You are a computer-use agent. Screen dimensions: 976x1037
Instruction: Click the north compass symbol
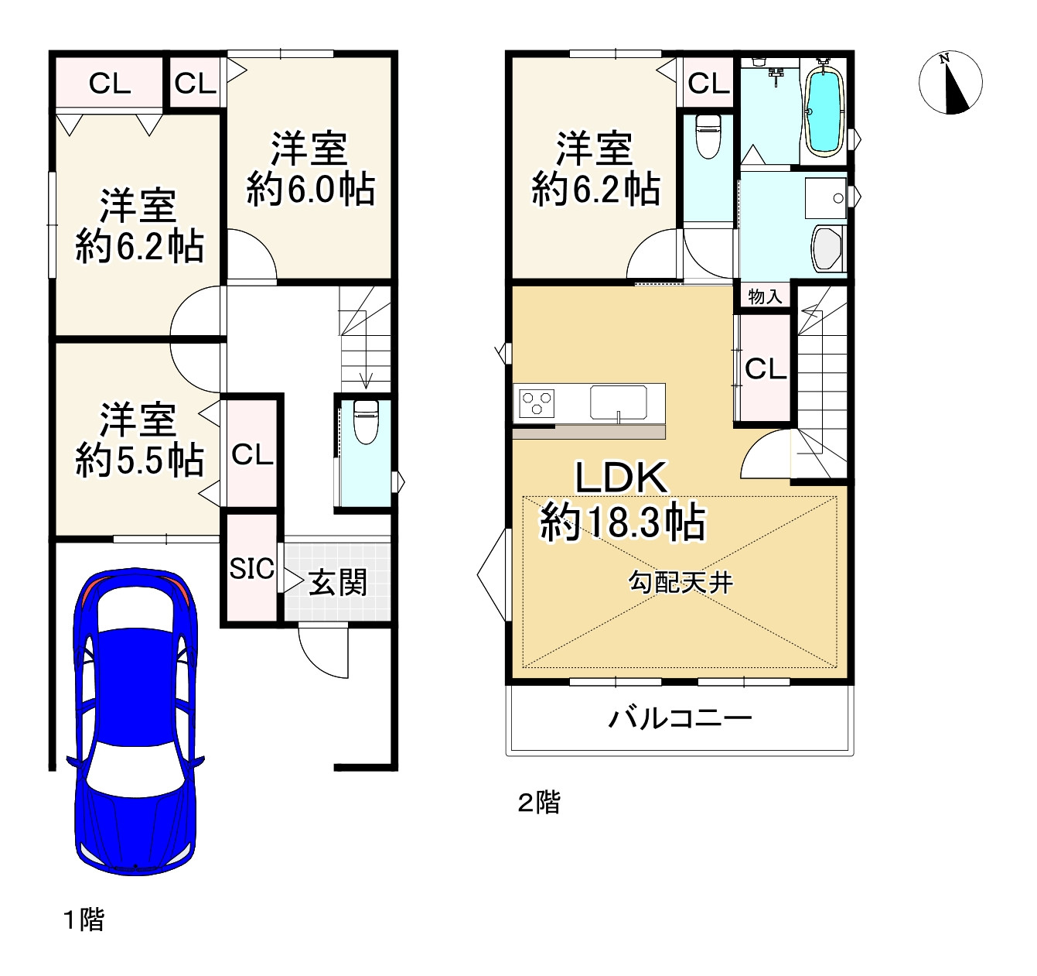pyautogui.click(x=950, y=82)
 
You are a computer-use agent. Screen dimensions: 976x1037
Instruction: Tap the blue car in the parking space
pyautogui.click(x=135, y=720)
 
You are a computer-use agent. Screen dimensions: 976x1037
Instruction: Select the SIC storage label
pyautogui.click(x=251, y=569)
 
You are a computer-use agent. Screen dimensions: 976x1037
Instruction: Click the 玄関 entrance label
pyautogui.click(x=338, y=583)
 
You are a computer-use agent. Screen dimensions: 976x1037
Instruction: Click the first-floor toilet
pyautogui.click(x=365, y=422)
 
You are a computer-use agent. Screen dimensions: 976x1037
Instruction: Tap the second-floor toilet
pyautogui.click(x=708, y=136)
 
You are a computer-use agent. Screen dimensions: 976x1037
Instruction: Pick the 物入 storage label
pyautogui.click(x=765, y=296)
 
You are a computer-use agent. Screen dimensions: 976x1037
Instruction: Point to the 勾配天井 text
pyautogui.click(x=681, y=582)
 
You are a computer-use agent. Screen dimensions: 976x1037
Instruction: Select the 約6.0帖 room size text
pyautogui.click(x=311, y=190)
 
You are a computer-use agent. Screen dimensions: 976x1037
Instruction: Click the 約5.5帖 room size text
pyautogui.click(x=140, y=461)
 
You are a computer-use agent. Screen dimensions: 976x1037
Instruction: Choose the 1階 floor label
pyautogui.click(x=84, y=919)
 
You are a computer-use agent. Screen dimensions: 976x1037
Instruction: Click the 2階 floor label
pyautogui.click(x=539, y=803)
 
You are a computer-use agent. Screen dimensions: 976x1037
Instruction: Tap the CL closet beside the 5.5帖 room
pyautogui.click(x=252, y=454)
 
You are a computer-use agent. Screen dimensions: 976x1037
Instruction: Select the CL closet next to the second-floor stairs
pyautogui.click(x=765, y=369)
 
